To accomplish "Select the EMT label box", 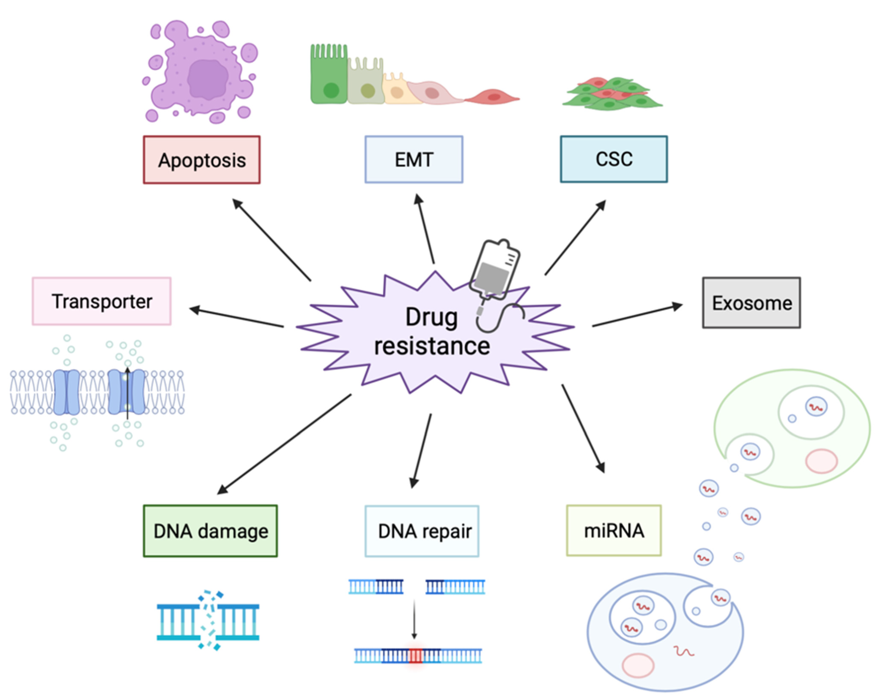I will (414, 159).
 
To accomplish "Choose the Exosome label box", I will (751, 303).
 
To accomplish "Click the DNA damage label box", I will (210, 531).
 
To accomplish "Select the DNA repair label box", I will (422, 531).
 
